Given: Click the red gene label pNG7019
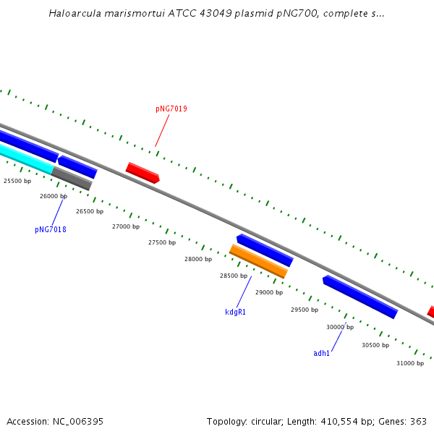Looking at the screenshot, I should point(171,109).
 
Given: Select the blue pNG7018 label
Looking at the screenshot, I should point(51,229).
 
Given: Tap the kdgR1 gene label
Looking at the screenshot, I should point(235,312).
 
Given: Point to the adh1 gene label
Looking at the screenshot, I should point(321,353).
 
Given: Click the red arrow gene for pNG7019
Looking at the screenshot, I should point(142,172).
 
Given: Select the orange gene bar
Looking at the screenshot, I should point(258,261).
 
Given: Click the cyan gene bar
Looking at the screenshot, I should point(26,158).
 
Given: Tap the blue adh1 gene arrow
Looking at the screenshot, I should point(359,296).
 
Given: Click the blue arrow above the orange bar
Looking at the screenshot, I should point(265,250).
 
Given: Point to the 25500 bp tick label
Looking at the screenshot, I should point(17,181).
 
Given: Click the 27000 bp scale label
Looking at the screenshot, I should point(126,226).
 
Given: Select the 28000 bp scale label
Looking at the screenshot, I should point(198,259).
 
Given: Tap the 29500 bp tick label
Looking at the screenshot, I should point(305,310).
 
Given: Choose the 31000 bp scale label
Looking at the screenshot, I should point(410,363).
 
